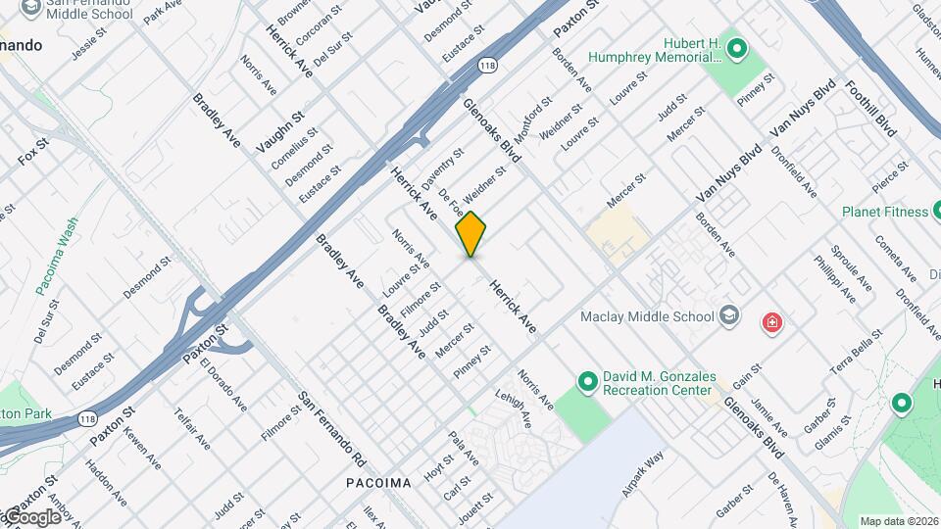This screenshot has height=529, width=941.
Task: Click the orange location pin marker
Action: click(x=470, y=233)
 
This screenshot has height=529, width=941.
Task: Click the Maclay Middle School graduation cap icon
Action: click(x=729, y=315)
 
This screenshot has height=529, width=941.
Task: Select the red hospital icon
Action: click(x=772, y=321)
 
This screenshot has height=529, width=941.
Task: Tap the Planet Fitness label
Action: click(x=884, y=212)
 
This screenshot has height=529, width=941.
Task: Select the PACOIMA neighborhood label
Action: click(x=378, y=483)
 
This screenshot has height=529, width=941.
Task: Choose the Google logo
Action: click(x=31, y=516)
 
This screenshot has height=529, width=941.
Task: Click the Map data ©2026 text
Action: click(x=898, y=521)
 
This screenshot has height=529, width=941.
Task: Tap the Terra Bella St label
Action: click(x=856, y=356)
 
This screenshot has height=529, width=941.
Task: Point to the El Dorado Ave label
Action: click(x=221, y=385)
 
